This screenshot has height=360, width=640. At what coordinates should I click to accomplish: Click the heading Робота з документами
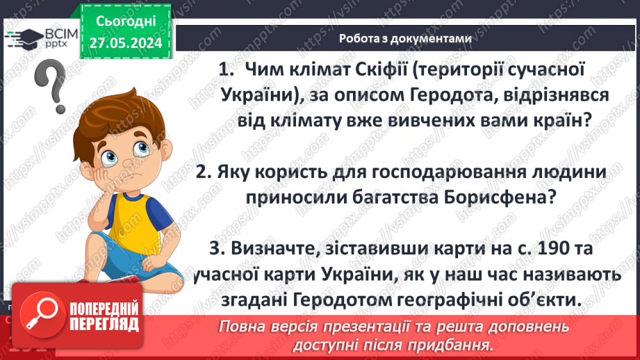click(405, 39)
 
